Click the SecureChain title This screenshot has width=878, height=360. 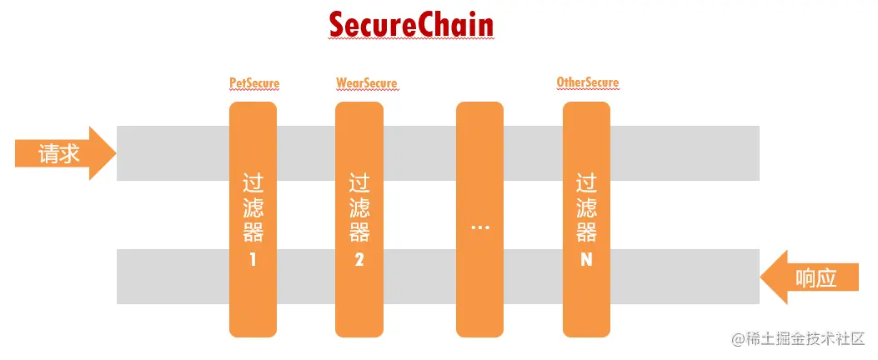pos(411,25)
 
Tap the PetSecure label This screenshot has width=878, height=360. pos(254,83)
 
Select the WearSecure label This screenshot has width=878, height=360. pos(366,83)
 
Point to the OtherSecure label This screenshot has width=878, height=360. pos(588,82)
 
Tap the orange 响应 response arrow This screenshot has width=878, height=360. pos(809,277)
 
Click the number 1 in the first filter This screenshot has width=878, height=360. pos(253,259)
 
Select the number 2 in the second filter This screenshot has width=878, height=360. pos(359,259)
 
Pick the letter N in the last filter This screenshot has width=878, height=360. pos(586,259)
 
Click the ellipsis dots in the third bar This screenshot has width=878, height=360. pos(479,227)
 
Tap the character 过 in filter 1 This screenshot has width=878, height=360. pos(253,182)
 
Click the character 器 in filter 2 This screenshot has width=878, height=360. pos(359,231)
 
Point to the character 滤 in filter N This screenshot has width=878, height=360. pos(586,206)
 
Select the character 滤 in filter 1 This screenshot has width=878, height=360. pos(253,206)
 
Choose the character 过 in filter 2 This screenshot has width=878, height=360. pos(359,182)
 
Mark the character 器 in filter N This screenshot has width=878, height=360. pos(586,231)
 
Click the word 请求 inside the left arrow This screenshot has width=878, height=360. pos(58,154)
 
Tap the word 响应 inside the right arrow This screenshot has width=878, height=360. pos(816,277)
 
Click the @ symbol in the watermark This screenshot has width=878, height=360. pos(737,340)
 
